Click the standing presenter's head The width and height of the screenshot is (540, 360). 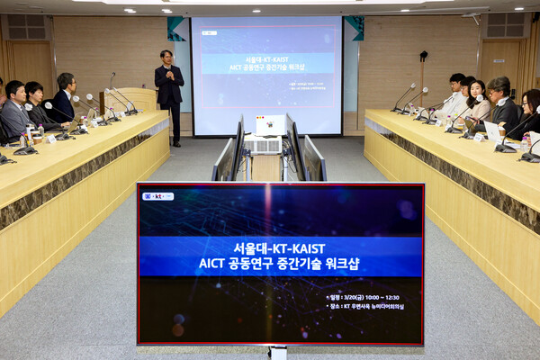[166, 57]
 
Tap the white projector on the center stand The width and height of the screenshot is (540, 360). [269, 124]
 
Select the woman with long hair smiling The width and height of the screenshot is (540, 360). [477, 97]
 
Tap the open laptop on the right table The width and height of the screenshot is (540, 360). [493, 132]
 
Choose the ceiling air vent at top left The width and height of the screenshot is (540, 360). [27, 26]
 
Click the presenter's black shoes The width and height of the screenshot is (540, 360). [176, 142]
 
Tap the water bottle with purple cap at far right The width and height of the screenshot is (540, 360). [524, 143]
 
